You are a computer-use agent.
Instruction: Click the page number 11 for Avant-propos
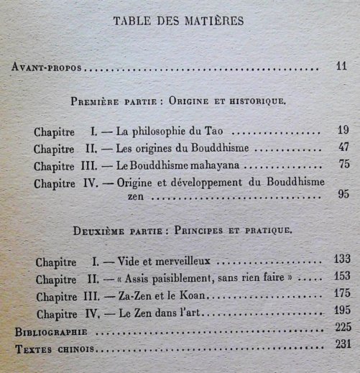[x=341, y=68]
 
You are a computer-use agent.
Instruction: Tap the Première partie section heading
[x=178, y=101]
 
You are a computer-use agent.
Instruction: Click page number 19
[x=341, y=132]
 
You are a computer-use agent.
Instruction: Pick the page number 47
[x=341, y=149]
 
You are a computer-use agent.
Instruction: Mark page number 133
[x=343, y=259]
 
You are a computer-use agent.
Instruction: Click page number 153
[x=343, y=276]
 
